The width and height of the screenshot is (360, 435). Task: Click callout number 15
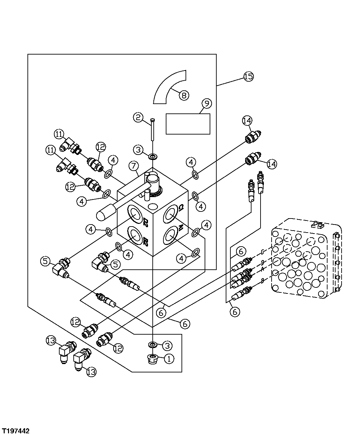coord(248,77)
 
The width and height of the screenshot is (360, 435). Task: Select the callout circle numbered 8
coord(184,95)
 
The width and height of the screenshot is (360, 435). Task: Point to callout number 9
coord(207,104)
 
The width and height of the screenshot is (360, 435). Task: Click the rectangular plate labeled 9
coord(188,124)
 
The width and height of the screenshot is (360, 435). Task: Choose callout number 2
coord(138,117)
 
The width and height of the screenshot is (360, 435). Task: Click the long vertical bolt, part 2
coord(153,130)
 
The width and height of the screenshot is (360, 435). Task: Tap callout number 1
coord(169,359)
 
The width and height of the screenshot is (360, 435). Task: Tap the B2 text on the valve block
coord(146,241)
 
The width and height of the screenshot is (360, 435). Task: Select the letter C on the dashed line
coord(264,251)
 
